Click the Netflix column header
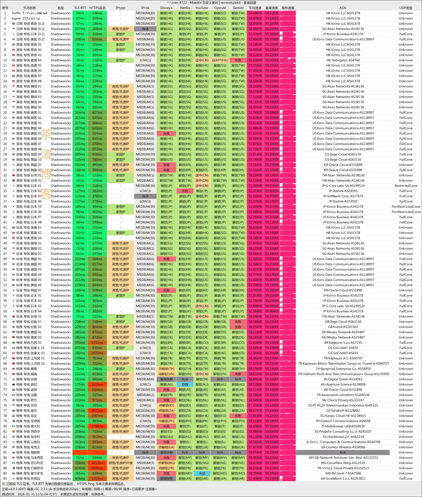pos(185,8)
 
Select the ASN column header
pos(343,8)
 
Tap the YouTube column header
pos(202,8)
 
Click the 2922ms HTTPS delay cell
pos(97,411)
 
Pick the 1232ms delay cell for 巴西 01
pos(97,342)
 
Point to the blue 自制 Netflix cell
pos(185,384)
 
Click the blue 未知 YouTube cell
pos(202,473)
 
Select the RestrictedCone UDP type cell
pos(406,186)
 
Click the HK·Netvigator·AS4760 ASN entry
pos(343,60)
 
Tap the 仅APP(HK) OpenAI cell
pos(220,60)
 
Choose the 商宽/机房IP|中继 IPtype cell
pos(121,463)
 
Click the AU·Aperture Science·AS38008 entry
pos(343,384)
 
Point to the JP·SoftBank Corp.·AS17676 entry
pos(343,196)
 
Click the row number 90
pos(5,479)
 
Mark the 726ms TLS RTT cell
pos(80,463)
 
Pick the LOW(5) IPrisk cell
pos(145,405)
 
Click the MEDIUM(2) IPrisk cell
pos(145,395)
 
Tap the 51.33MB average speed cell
pos(255,34)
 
